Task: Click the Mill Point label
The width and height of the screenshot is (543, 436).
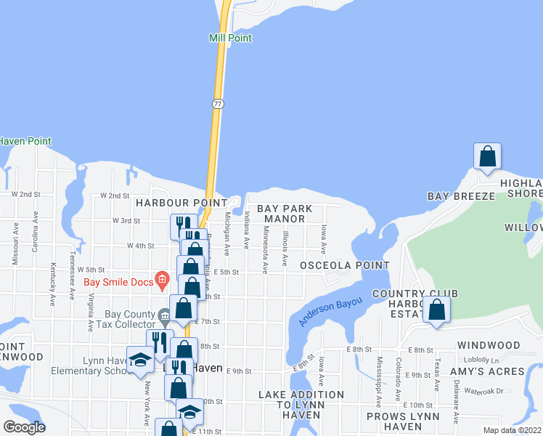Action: pos(230,38)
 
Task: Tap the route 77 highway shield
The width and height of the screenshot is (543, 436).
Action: pos(218,105)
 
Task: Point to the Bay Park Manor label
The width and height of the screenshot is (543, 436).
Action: pos(288,214)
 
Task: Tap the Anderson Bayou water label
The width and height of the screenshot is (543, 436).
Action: pos(330,310)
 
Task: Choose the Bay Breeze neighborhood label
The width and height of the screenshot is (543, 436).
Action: pos(461,196)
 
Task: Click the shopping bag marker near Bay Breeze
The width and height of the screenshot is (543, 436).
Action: pos(487,156)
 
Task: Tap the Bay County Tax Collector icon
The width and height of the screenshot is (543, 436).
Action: pos(165,315)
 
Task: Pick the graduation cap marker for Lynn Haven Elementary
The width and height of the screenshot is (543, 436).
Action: pos(140,360)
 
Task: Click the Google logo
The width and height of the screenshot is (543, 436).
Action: pos(25,427)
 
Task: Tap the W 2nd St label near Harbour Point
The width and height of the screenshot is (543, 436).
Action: pos(115,195)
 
